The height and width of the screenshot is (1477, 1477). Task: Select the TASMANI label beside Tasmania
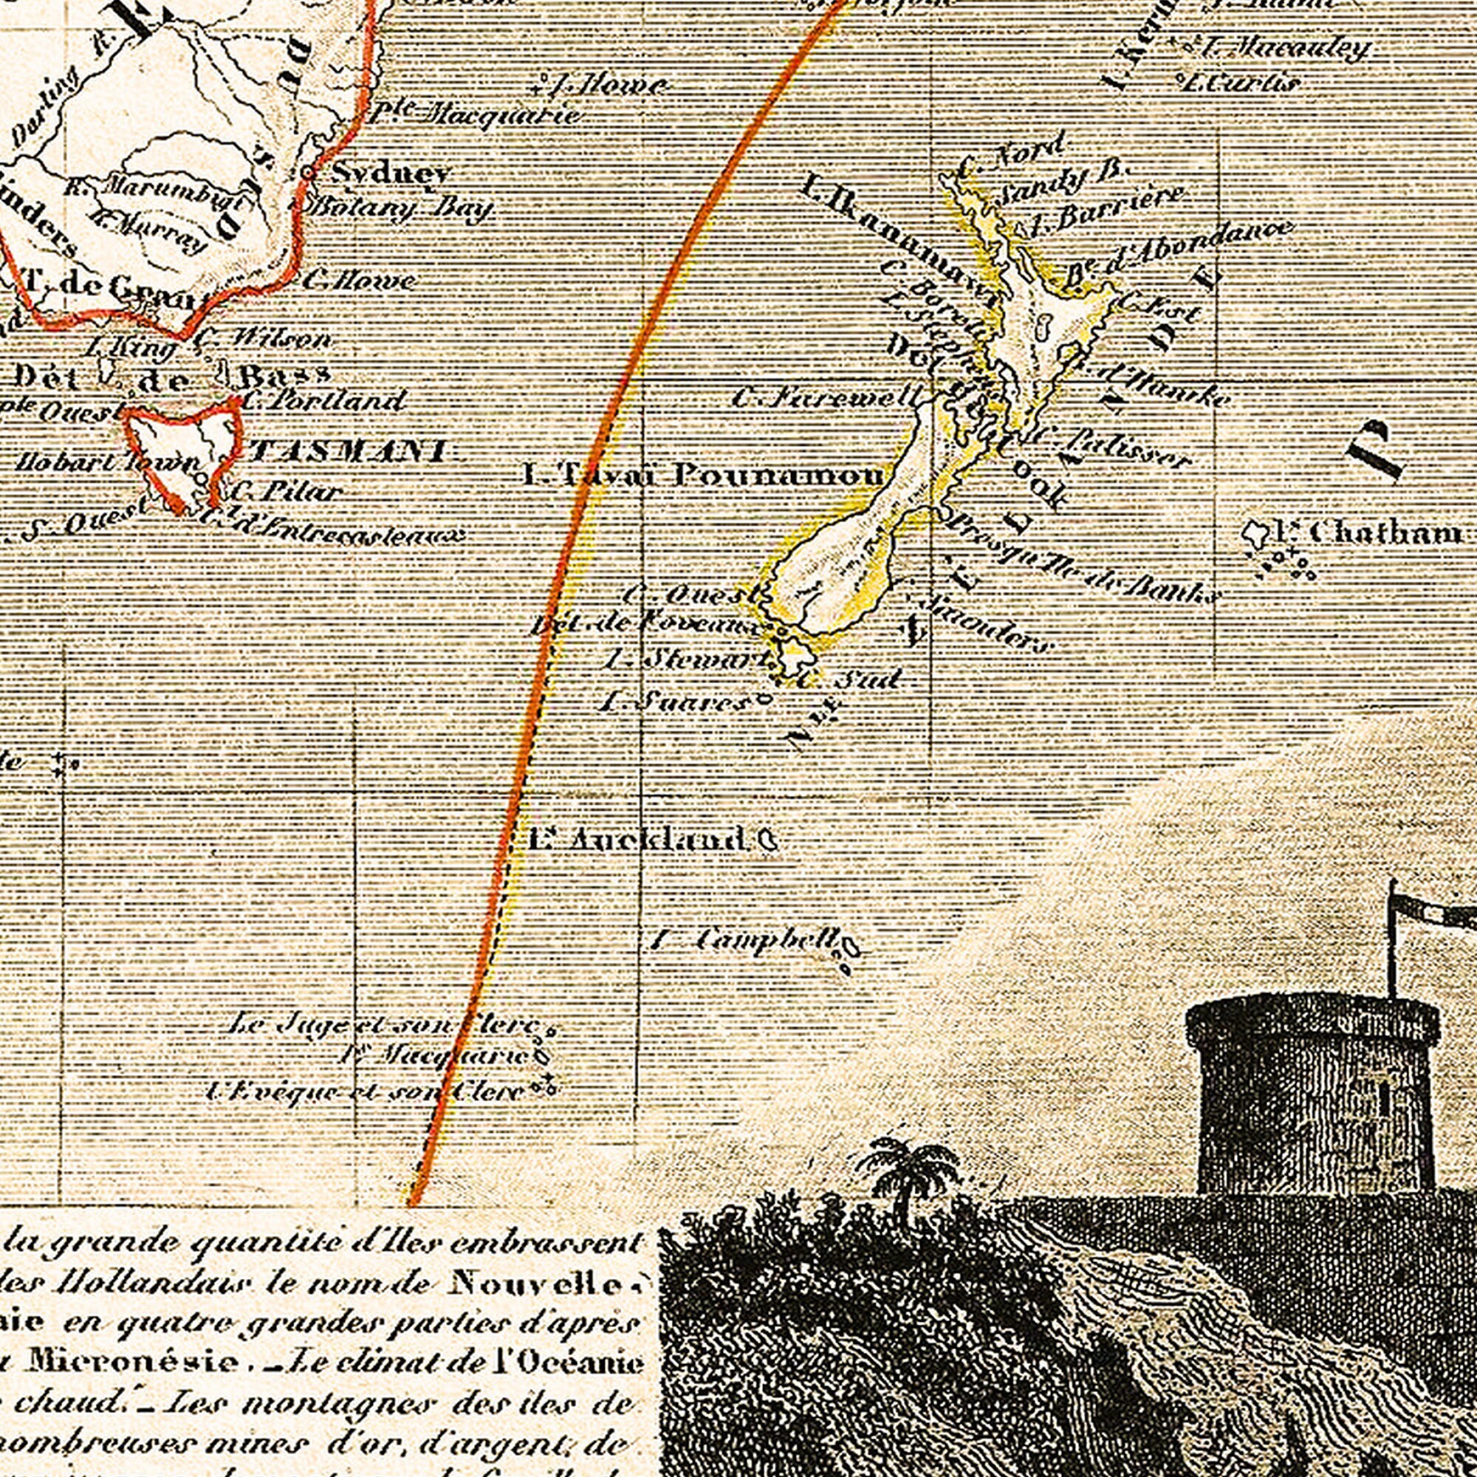[348, 451]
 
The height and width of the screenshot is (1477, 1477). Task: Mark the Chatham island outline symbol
[1254, 533]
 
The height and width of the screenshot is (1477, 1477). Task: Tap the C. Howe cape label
[360, 281]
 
